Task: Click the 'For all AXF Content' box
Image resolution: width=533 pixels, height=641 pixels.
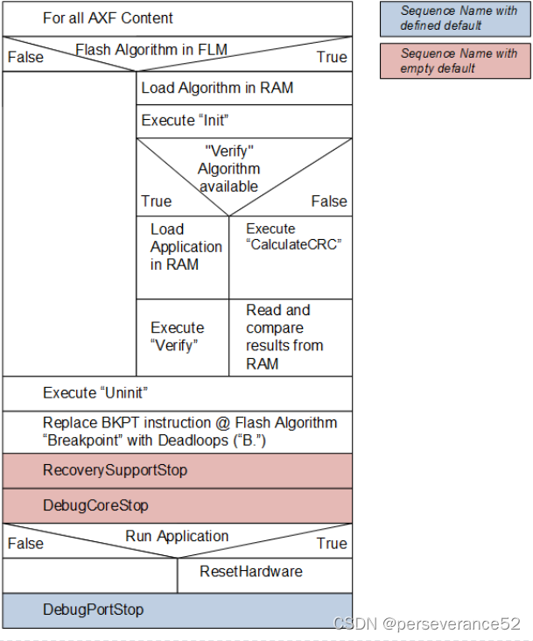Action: pos(108,18)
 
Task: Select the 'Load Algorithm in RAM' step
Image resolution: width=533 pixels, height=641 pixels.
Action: pos(217,88)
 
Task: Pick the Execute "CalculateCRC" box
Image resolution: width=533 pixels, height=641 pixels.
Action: pos(291,236)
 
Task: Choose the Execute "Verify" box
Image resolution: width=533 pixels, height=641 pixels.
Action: pos(178,336)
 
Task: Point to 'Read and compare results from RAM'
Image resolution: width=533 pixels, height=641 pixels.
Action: pos(284,336)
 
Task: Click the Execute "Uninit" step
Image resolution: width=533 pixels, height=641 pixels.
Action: pos(95,393)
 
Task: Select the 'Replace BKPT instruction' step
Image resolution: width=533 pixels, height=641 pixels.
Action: pos(189,432)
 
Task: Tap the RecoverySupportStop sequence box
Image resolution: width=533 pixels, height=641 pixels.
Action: pos(115,470)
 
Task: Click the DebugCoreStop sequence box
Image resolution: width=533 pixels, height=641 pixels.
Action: pos(95,505)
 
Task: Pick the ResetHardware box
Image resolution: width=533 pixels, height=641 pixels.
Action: pos(250,572)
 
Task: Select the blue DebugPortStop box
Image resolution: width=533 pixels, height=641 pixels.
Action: pos(93,609)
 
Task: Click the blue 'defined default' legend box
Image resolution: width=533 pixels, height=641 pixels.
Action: pos(454,18)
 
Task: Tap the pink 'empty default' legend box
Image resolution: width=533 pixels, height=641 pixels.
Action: pos(454,60)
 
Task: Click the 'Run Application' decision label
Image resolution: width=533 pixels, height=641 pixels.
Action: pos(177,536)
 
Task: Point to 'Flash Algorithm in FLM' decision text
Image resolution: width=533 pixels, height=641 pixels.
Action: pos(151,50)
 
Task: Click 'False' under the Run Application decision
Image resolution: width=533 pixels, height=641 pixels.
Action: pos(25,544)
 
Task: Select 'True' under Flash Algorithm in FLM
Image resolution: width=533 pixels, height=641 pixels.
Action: pos(332,57)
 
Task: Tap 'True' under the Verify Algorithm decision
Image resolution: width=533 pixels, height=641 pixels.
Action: pos(157,201)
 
